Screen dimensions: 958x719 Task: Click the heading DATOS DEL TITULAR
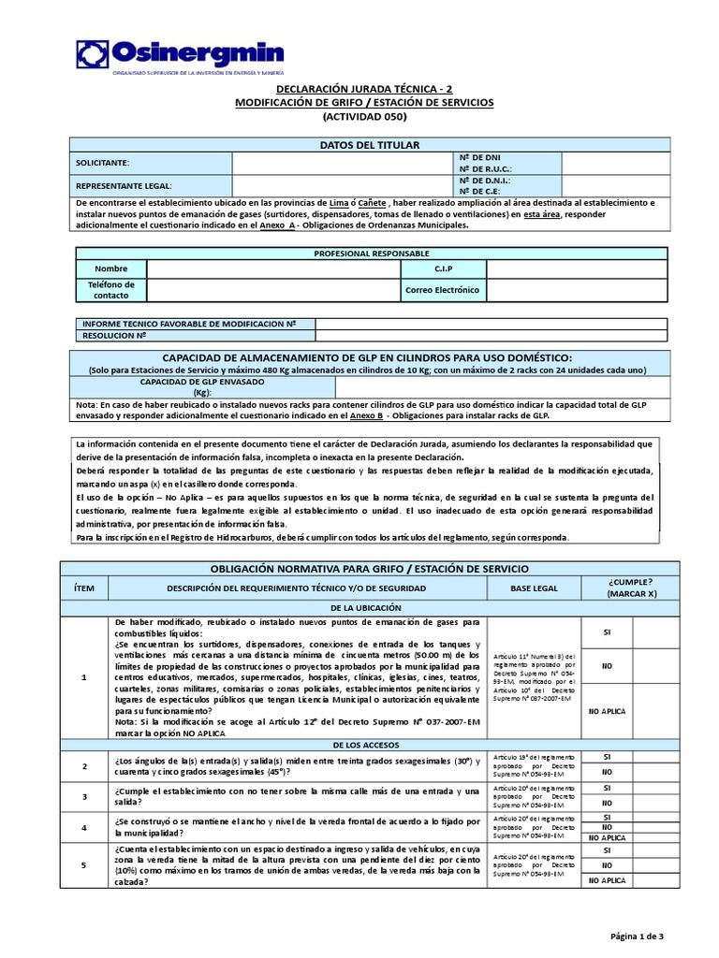click(370, 144)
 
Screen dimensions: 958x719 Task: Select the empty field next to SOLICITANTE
click(342, 163)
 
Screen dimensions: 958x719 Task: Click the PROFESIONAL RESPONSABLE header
click(372, 254)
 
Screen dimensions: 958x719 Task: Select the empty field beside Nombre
click(272, 269)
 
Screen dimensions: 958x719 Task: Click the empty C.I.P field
click(576, 269)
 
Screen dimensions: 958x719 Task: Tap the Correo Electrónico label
click(442, 290)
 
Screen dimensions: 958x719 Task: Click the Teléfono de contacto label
click(111, 290)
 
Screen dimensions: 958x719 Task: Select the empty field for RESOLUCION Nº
click(491, 334)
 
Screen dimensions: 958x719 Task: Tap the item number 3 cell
click(85, 797)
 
